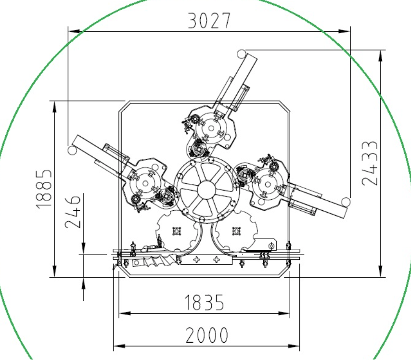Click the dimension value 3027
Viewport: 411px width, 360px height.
pos(209,21)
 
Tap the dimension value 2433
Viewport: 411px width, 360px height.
pos(370,163)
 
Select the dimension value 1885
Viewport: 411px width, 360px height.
pos(44,189)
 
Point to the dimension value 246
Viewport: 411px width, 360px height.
pos(73,212)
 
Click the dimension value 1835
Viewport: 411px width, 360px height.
pos(204,302)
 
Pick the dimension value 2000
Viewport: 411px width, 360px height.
pos(207,335)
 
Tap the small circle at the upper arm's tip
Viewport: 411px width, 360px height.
pos(242,54)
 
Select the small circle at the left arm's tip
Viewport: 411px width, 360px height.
pos(72,151)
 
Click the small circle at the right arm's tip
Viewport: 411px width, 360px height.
pos(346,202)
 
